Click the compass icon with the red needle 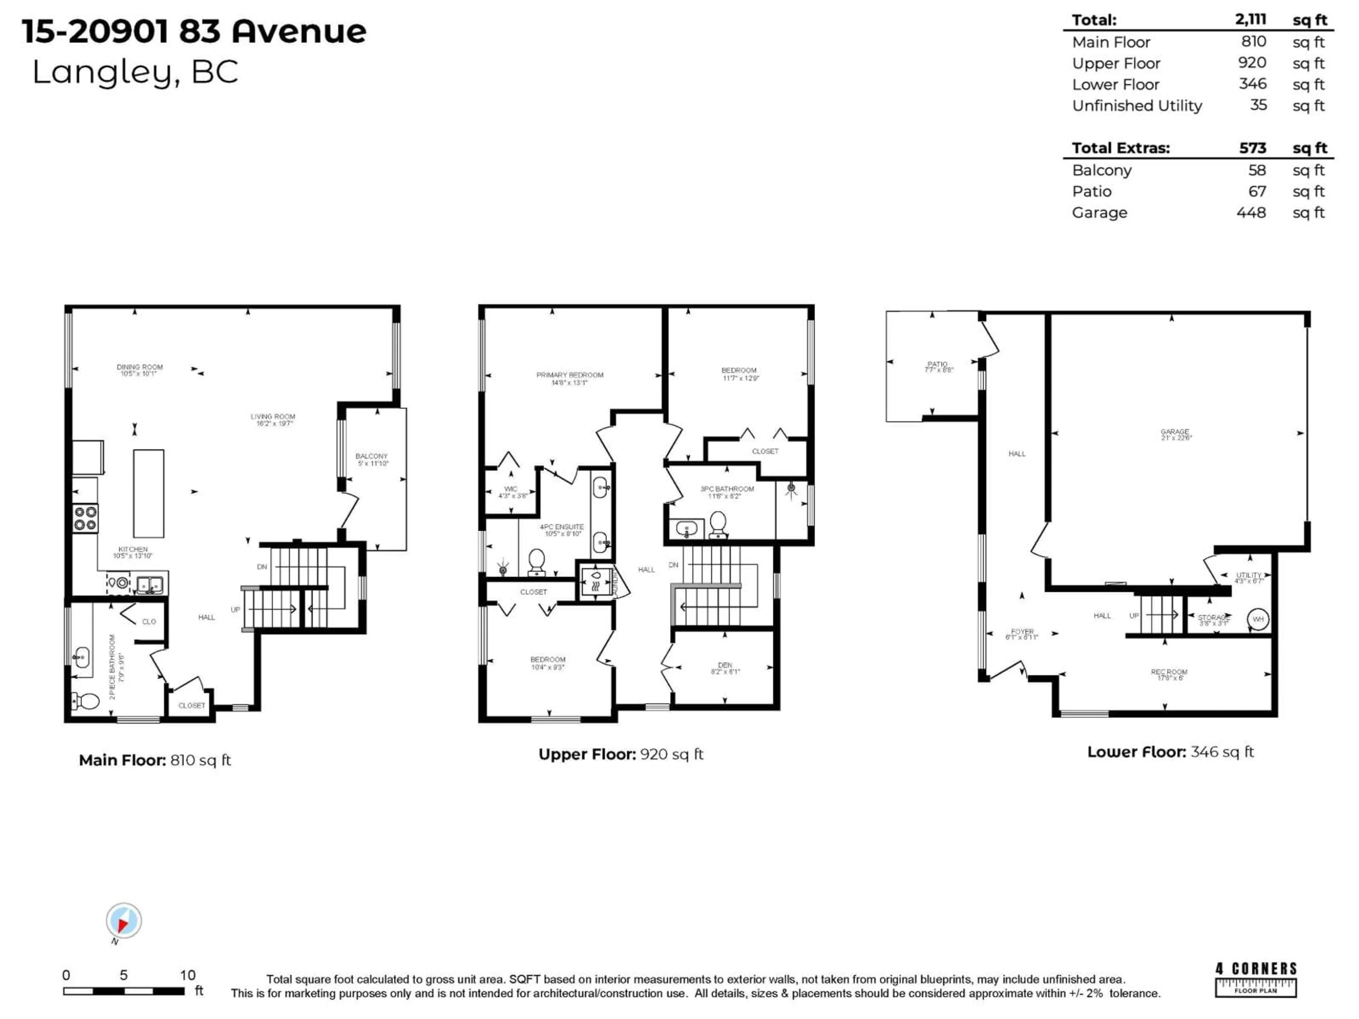124,921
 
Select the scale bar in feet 124,991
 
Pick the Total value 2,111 1250,20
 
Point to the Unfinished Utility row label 1137,106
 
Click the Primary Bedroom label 569,378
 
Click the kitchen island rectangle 149,493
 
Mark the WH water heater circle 1258,619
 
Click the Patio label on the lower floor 938,367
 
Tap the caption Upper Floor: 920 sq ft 620,754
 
